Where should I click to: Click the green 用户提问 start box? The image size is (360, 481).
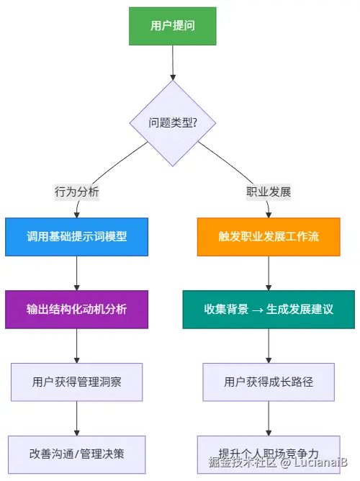point(173,26)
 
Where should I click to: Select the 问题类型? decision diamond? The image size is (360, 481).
point(173,123)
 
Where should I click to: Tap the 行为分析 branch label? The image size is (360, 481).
point(77,192)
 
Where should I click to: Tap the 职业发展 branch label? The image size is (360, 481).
point(269,192)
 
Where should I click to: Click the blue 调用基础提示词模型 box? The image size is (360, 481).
point(77,237)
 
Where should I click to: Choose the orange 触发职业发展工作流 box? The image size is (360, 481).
point(269,237)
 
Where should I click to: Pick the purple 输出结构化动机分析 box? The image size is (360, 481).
point(77,310)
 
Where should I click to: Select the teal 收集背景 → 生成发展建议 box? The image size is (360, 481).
point(269,310)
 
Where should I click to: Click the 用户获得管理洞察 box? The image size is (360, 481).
point(77,382)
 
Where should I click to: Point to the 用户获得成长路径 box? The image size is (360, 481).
point(269,382)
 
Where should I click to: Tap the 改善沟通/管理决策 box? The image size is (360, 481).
point(77,454)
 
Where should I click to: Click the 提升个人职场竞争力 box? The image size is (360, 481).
point(269,454)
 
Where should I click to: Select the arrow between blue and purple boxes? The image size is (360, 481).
point(77,273)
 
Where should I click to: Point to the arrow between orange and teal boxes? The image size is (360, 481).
point(269,273)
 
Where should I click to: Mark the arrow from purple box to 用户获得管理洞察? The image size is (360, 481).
point(77,346)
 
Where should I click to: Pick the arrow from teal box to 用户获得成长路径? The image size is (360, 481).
point(269,346)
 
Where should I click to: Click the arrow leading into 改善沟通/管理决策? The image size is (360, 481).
point(77,418)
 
